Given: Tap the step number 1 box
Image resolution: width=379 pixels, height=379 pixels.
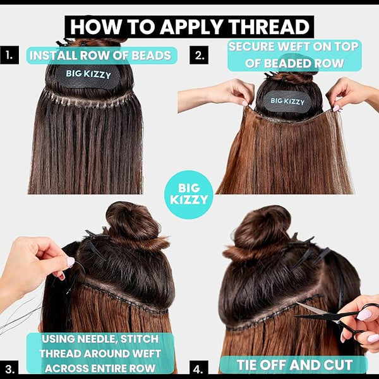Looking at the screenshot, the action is (x=9, y=55).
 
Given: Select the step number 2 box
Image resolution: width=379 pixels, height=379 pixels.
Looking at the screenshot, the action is (x=199, y=55).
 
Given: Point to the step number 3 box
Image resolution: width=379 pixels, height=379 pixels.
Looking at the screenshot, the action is (x=9, y=370).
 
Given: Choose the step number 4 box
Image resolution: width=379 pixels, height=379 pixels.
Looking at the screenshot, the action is (x=199, y=370).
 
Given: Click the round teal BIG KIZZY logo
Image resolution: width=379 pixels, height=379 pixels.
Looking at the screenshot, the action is (x=189, y=195).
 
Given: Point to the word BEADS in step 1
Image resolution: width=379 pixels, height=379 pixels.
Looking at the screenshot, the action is (x=152, y=56).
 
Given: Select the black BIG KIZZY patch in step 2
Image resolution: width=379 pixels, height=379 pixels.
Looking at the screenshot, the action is (x=287, y=101).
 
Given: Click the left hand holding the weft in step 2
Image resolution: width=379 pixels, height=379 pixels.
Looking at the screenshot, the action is (x=217, y=95).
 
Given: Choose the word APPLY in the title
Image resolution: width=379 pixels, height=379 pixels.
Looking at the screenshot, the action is (x=191, y=27).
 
